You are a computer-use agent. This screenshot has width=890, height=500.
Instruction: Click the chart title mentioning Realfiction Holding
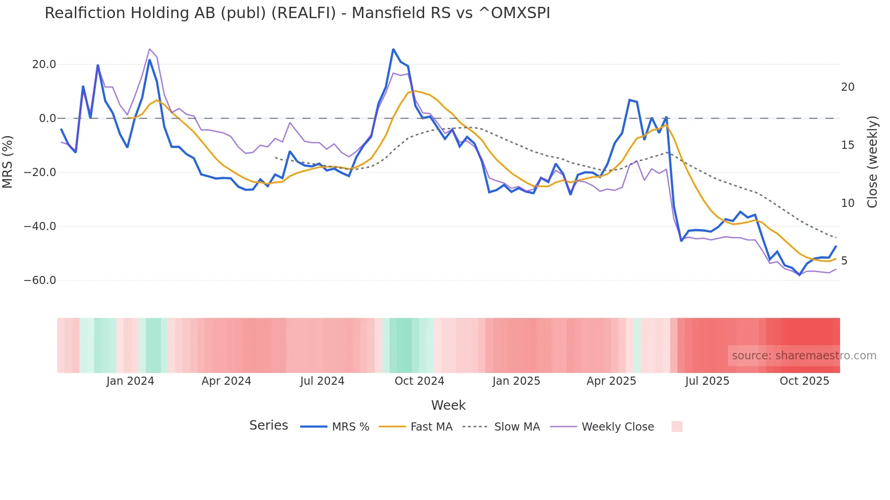[297, 13]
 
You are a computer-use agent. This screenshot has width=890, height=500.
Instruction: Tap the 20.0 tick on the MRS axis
[44, 64]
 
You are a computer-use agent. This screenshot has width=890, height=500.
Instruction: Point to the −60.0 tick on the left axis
[40, 280]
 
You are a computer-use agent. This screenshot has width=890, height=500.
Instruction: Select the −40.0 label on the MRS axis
[40, 226]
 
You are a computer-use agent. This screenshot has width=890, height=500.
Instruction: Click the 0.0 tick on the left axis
[47, 118]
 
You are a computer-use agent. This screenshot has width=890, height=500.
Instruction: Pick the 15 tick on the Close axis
[847, 145]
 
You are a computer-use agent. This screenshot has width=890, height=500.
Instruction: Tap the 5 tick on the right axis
[844, 261]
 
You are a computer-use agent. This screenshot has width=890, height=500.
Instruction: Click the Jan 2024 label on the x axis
[130, 381]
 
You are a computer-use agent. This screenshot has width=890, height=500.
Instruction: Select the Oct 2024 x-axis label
[419, 381]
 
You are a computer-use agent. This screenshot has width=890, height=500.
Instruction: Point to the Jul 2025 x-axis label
[707, 381]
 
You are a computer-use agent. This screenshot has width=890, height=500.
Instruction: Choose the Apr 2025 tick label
[611, 381]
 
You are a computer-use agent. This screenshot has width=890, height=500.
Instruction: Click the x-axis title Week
[448, 405]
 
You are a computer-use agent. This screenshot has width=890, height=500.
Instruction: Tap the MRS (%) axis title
[8, 162]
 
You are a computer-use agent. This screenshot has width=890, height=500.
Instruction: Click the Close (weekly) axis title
[872, 162]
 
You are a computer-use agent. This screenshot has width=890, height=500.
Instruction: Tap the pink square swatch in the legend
[677, 426]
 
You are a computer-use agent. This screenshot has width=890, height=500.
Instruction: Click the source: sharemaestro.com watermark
[804, 356]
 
